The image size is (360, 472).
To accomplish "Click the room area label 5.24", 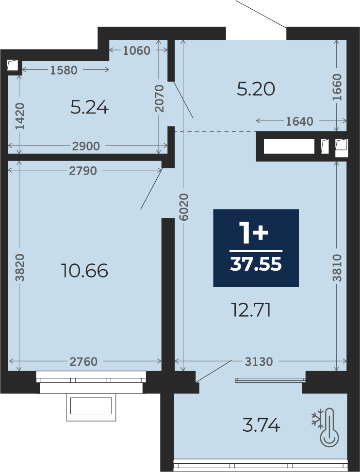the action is click(89, 108).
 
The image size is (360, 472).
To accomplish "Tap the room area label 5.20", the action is click(256, 89).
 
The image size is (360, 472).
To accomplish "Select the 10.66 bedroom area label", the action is click(84, 270).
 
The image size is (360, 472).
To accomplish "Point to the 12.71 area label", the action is click(251, 310).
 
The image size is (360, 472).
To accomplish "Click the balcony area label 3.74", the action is click(261, 425).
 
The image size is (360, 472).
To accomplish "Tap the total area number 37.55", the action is click(256, 264).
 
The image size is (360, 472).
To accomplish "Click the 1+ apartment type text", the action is click(253, 232).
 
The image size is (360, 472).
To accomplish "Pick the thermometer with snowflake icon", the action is click(326, 427).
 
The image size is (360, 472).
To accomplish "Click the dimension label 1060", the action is click(137, 50).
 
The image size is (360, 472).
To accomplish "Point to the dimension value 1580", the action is click(64, 70).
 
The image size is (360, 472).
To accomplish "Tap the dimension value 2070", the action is click(159, 98).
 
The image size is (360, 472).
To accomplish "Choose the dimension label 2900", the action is click(86, 146).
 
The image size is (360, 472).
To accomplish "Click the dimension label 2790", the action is click(83, 171).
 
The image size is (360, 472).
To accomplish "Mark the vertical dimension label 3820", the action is click(20, 268).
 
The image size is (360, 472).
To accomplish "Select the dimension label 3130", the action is click(259, 361).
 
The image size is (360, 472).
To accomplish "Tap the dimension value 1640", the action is click(299, 121).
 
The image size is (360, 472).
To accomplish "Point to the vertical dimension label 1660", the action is click(337, 87).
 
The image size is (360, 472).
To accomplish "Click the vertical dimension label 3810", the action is click(337, 268).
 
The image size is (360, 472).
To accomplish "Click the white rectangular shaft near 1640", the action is click(289, 146).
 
